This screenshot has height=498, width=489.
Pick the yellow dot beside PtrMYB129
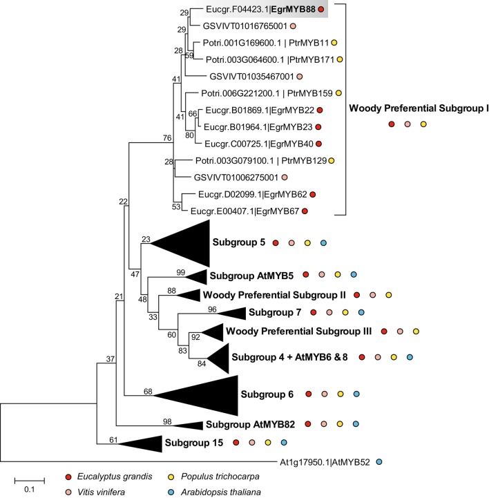pos(331,161)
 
